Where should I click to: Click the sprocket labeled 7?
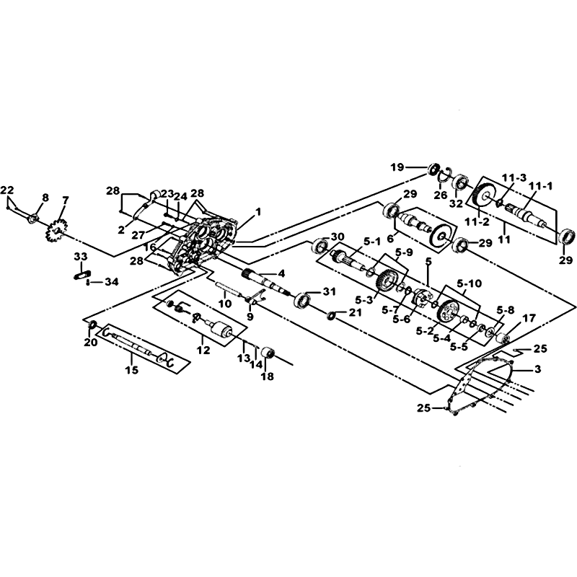point(56,231)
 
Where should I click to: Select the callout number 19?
point(397,167)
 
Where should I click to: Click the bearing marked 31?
point(304,299)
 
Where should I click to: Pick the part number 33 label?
point(80,257)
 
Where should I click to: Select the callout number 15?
point(132,369)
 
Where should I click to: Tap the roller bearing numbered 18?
point(268,353)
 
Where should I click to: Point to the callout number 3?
point(537,369)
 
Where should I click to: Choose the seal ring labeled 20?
point(92,325)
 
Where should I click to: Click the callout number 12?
point(203,350)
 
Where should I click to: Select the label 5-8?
point(506,310)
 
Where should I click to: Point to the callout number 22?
point(7,190)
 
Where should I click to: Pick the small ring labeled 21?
point(331,315)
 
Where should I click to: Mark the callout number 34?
point(112,282)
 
